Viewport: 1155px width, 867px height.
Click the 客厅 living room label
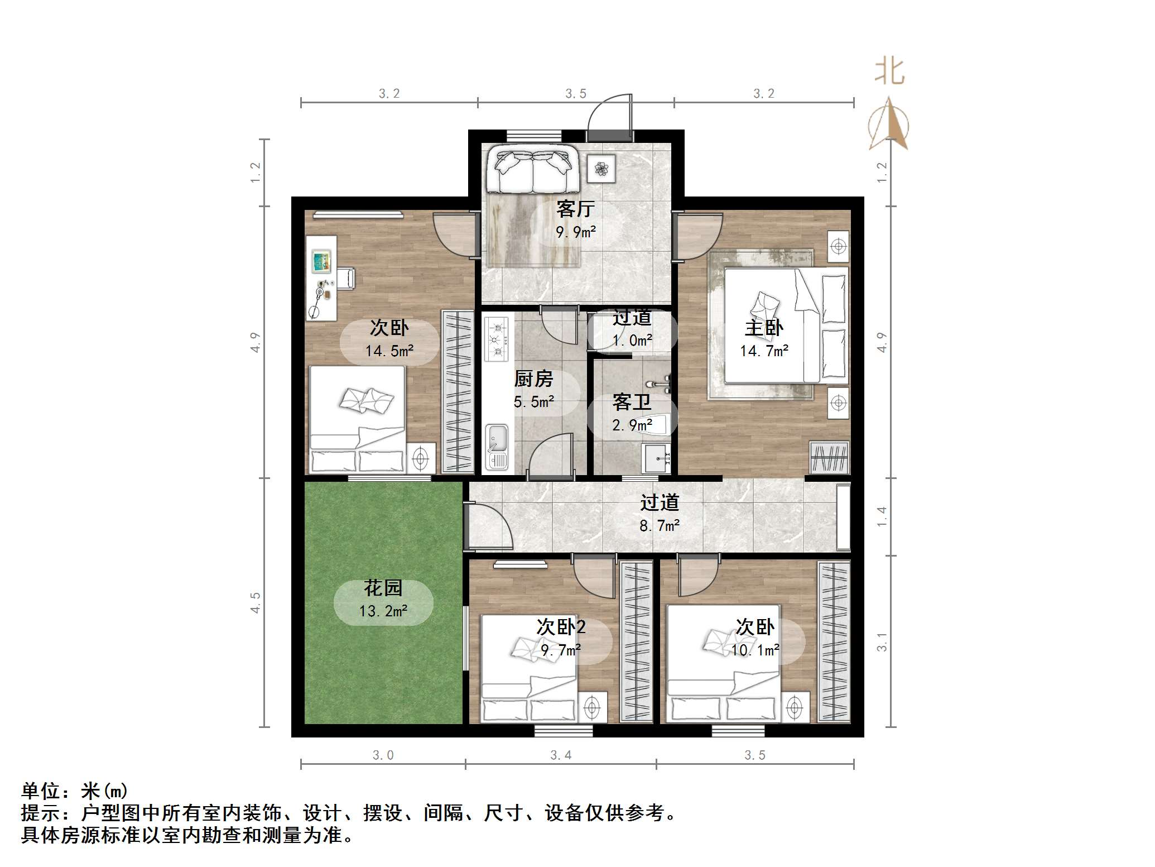coord(575,209)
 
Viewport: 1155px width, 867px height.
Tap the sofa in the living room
coord(532,169)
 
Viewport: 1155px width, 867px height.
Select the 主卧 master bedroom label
coord(764,328)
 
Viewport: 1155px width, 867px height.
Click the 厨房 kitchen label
coord(533,379)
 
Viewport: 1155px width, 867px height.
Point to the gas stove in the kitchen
coord(497,338)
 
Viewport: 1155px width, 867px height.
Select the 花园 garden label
coord(383,588)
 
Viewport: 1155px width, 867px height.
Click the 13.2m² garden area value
coord(383,611)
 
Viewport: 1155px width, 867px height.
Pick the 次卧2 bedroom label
coord(561,627)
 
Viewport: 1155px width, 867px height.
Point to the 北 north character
coord(889,72)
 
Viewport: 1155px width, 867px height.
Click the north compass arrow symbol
coord(889,124)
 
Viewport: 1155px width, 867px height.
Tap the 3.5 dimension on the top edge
coord(576,93)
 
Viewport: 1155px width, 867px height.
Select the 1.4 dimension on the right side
coord(882,516)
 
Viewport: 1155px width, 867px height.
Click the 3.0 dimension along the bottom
coord(383,755)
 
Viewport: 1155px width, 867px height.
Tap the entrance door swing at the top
coord(611,114)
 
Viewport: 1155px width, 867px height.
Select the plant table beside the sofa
coord(601,168)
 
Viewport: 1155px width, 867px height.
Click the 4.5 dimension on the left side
coord(255,602)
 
